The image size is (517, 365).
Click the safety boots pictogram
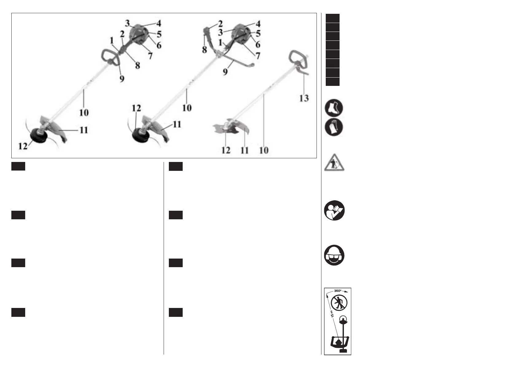coord(334,108)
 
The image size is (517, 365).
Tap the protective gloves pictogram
coord(334,127)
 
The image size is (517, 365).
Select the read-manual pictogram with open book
coord(334,211)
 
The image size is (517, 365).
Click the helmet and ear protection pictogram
coord(334,256)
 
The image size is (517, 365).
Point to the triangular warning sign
coord(334,163)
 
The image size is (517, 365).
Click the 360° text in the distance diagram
coord(338,291)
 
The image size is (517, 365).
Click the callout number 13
coord(304,98)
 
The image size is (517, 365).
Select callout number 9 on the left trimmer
coord(122,79)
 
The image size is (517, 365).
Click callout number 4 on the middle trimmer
coord(258,24)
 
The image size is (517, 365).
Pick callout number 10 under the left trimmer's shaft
coord(84,112)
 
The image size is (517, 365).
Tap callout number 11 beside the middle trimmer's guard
coord(177,124)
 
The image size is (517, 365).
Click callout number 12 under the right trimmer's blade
coord(226,150)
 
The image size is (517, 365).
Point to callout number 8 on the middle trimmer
coord(204,49)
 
